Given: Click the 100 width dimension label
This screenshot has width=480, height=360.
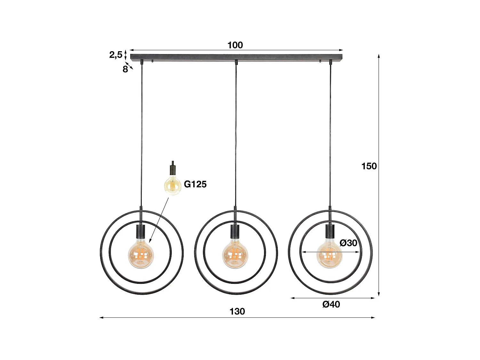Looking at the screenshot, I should coord(235,45).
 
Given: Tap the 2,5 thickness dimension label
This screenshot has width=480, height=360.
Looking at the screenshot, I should coord(116,55).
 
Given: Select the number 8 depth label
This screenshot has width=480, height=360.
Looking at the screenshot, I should coord(125,69).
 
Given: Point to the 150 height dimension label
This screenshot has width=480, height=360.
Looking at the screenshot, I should coord(369,166).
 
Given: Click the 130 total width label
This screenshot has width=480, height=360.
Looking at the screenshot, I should coord(237,311).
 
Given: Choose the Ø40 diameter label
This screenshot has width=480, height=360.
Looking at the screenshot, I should coord(331,304).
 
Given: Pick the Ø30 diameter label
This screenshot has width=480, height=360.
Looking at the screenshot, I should coord(348,243).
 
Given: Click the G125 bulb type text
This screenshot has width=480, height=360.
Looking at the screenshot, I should coord(195,184).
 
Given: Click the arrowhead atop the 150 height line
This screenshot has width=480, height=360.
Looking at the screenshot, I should coord(379,56).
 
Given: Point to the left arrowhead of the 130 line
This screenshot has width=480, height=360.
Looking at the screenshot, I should coord(101,318).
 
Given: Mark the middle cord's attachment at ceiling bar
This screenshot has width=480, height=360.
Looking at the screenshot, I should coord(236,62).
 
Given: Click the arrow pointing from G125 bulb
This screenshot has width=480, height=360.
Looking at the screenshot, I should coord(158,221).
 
